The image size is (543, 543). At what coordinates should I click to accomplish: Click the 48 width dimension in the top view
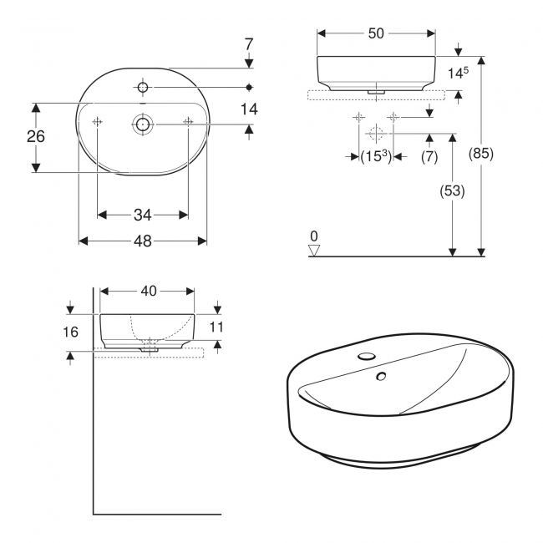point(142,241)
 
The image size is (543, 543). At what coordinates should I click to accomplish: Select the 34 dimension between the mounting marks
point(142,215)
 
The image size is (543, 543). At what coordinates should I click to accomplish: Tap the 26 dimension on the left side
point(35,137)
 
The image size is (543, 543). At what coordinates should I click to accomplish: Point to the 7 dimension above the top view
point(249,42)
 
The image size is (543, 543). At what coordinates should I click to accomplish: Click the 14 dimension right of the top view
point(249,109)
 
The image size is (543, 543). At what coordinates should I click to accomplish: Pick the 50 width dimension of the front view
point(375,33)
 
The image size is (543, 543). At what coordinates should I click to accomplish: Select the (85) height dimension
point(480,154)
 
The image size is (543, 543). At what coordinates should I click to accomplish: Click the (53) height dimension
point(452,190)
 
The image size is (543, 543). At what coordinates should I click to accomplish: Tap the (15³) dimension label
point(376,156)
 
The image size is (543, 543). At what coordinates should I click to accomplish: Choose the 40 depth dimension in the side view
point(148,291)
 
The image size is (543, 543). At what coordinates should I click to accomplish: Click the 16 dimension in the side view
point(71,332)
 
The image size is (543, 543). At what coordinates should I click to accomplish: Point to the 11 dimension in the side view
point(216,327)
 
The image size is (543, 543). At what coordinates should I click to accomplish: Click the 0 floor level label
point(314,236)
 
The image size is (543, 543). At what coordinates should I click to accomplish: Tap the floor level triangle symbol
point(314,248)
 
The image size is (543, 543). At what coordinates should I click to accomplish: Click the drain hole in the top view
point(142,124)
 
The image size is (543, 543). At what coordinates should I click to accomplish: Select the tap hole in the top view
point(142,87)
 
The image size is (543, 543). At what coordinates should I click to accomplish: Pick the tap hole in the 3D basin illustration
point(367,357)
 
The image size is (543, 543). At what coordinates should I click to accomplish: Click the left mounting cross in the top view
point(97,123)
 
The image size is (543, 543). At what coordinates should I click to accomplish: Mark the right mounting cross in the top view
point(187,123)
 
